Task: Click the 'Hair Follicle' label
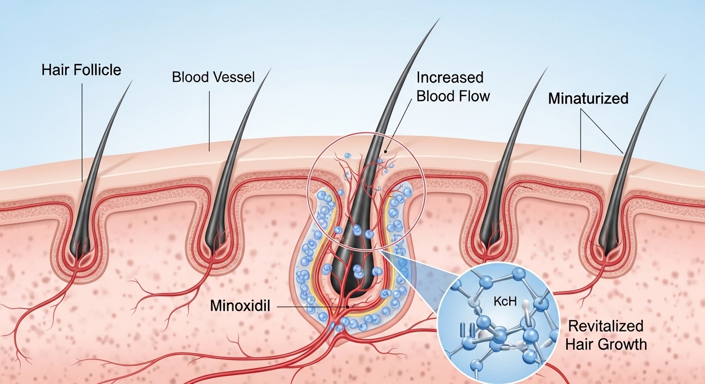point(81,70)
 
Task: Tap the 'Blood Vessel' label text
point(213,77)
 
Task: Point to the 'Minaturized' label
point(588,98)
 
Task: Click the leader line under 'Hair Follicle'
point(81,130)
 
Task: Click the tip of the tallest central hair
point(439,19)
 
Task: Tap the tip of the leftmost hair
point(132,79)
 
